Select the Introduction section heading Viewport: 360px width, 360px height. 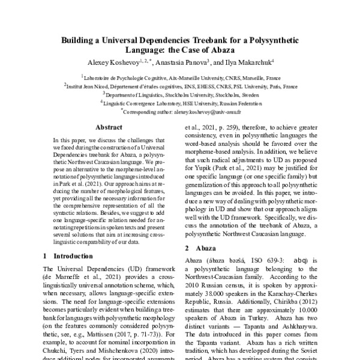coord(73,256)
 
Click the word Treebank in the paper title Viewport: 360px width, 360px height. coord(214,41)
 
